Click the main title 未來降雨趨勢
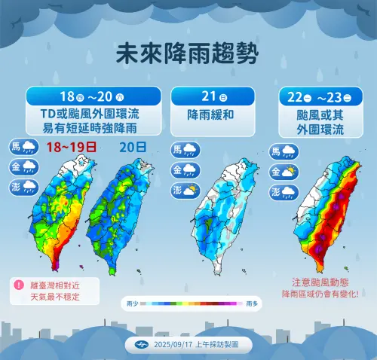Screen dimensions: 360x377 (188, 53)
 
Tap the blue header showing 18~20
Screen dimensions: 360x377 (93, 96)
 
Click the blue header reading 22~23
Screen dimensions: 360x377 (316, 96)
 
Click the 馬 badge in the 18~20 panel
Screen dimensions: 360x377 (16, 146)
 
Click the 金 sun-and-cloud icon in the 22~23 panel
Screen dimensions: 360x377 (288, 172)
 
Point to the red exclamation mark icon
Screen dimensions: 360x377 (17, 285)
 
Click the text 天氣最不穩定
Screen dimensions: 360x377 (55, 296)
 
